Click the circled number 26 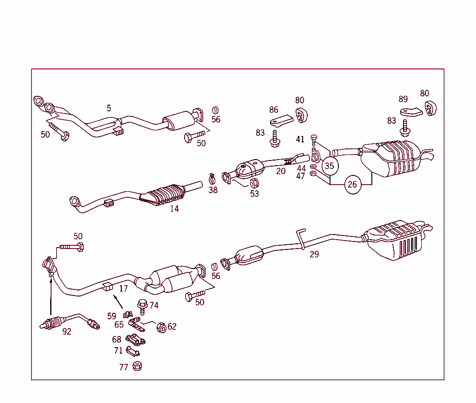[352, 185]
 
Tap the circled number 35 [329, 165]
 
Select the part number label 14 [174, 209]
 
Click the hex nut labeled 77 [137, 366]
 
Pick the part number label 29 [314, 255]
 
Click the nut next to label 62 [161, 328]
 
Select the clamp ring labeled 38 [212, 178]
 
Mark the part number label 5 [109, 108]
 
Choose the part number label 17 [123, 289]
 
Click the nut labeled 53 [254, 183]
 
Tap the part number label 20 [281, 171]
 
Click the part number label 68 [117, 340]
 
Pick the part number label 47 [300, 176]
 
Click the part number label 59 [112, 316]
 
